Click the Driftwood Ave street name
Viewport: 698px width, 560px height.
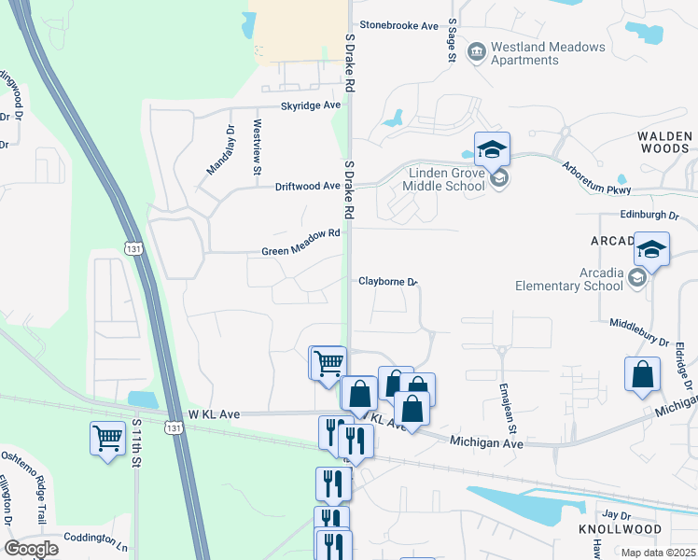pyautogui.click(x=307, y=186)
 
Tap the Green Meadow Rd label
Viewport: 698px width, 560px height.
pyautogui.click(x=300, y=250)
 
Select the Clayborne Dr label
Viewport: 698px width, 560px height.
pyautogui.click(x=387, y=281)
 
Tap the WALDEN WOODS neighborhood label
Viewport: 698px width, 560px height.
pyautogui.click(x=664, y=142)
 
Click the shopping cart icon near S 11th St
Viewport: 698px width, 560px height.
pyautogui.click(x=108, y=437)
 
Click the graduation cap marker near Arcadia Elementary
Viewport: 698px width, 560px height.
pyautogui.click(x=652, y=250)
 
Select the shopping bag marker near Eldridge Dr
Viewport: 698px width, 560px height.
pyautogui.click(x=642, y=374)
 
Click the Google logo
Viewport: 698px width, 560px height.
pyautogui.click(x=31, y=549)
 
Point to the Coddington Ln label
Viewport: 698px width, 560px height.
pyautogui.click(x=96, y=539)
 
